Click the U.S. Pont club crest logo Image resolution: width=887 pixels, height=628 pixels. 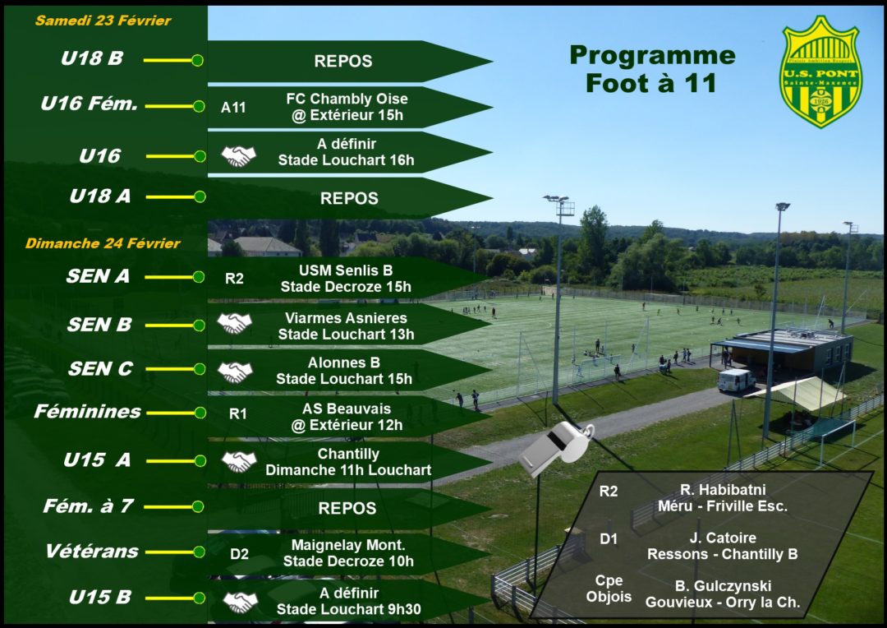pyautogui.click(x=820, y=72)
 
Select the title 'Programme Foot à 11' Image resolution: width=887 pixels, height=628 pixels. pyautogui.click(x=652, y=69)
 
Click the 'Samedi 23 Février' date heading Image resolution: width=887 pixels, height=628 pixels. pyautogui.click(x=103, y=21)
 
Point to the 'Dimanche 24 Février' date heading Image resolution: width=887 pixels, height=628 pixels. pyautogui.click(x=103, y=243)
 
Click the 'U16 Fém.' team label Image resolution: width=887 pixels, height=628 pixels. pyautogui.click(x=90, y=105)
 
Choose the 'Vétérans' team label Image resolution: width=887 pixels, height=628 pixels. pyautogui.click(x=91, y=552)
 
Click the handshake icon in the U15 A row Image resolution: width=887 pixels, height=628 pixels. pyautogui.click(x=239, y=462)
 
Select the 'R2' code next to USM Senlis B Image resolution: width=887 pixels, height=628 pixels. pyautogui.click(x=235, y=279)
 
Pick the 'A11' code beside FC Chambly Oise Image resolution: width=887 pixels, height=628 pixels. pyautogui.click(x=233, y=107)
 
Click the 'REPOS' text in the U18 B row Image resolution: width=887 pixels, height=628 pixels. pyautogui.click(x=343, y=62)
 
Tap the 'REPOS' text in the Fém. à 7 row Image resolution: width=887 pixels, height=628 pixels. pyautogui.click(x=347, y=508)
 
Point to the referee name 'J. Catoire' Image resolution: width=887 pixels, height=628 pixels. pyautogui.click(x=722, y=538)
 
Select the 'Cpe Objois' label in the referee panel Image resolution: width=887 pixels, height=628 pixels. pyautogui.click(x=609, y=589)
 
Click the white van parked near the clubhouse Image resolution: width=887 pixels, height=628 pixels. pyautogui.click(x=736, y=380)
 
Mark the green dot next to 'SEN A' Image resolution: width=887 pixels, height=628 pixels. pyautogui.click(x=198, y=277)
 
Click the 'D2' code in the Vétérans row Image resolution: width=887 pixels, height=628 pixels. pyautogui.click(x=239, y=554)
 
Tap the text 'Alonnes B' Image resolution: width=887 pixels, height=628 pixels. pyautogui.click(x=345, y=362)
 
